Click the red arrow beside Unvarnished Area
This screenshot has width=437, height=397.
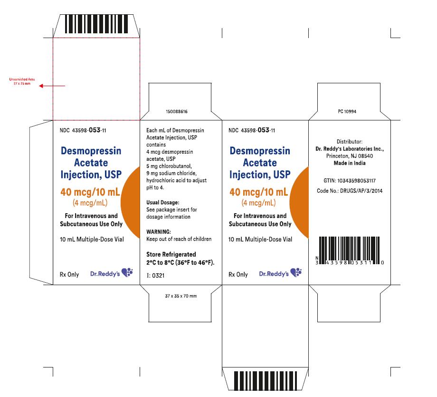click(x=52, y=86)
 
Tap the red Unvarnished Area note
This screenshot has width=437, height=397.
click(x=22, y=81)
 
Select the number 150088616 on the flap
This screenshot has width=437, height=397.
click(x=177, y=111)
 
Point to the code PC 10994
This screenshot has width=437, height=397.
click(x=347, y=111)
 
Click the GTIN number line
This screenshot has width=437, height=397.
click(x=350, y=181)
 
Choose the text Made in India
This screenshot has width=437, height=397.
click(x=350, y=163)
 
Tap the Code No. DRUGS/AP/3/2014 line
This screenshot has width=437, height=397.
click(x=350, y=191)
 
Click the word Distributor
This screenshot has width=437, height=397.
click(x=350, y=142)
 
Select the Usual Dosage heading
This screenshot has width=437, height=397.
click(x=163, y=203)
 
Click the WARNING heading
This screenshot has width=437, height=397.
click(x=159, y=232)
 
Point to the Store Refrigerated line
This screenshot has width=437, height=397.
click(x=171, y=255)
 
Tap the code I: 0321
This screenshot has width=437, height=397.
click(x=155, y=276)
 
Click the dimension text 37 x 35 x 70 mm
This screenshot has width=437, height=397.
click(x=181, y=296)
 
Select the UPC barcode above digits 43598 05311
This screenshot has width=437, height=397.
click(x=350, y=250)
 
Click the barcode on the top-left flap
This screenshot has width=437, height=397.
click(x=96, y=24)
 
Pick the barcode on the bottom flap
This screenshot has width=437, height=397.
click(x=266, y=380)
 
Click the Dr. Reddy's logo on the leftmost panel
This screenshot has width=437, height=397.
click(x=112, y=273)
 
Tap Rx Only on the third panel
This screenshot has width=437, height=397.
click(x=238, y=275)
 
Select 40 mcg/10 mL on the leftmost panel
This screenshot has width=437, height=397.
click(x=90, y=192)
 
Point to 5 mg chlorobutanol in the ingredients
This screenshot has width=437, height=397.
click(x=169, y=166)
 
